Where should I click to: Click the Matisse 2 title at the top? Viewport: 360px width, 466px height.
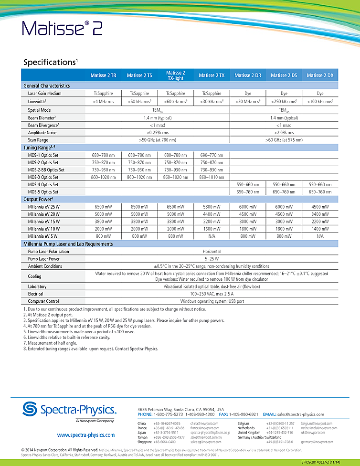[62, 29]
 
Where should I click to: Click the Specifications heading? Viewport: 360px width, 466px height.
[50, 62]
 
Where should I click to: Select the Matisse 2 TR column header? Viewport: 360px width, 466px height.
[103, 75]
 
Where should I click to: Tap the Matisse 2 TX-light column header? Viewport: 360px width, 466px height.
[175, 75]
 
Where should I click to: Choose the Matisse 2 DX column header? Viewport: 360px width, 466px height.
[320, 75]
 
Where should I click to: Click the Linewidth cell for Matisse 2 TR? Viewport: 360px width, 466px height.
[103, 101]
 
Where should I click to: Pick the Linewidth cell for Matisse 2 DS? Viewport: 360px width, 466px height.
[284, 101]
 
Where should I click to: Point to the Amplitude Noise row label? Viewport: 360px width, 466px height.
[42, 132]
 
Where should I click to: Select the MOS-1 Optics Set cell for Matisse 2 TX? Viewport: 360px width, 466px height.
[212, 155]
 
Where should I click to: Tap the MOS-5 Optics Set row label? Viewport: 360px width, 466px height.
[43, 192]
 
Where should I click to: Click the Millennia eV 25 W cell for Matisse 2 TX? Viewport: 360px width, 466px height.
[212, 207]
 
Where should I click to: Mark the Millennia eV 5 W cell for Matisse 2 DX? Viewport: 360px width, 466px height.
[320, 236]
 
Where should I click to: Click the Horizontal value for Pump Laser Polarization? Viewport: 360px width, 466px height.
[212, 251]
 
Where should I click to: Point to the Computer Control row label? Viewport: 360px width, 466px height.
[43, 301]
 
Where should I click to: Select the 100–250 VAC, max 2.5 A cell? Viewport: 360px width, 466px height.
[212, 294]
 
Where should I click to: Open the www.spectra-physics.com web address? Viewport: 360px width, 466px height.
[85, 435]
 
